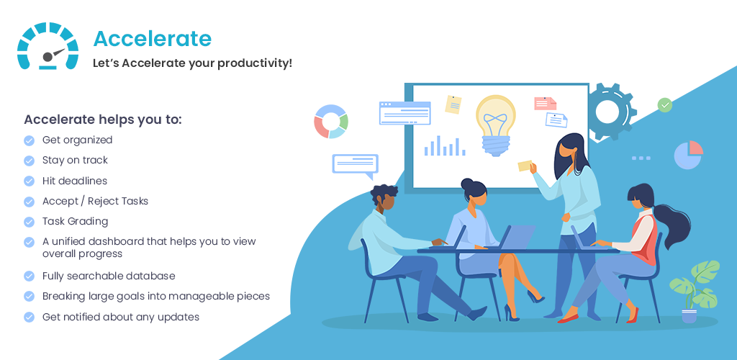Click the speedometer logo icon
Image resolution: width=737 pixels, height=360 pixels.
[48, 45]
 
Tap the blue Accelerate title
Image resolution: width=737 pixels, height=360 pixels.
[153, 39]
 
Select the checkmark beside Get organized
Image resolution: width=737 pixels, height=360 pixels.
[29, 140]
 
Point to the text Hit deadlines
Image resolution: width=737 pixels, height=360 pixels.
[75, 181]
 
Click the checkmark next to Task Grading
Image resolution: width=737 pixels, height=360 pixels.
[29, 221]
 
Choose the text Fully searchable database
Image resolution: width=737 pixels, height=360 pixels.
[109, 276]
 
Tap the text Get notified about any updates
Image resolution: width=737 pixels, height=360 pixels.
[121, 318]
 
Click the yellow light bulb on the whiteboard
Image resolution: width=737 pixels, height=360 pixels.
[495, 125]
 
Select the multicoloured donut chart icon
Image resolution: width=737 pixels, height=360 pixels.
[331, 121]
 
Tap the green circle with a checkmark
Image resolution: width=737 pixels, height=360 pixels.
[664, 105]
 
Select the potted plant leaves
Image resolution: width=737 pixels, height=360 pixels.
[695, 284]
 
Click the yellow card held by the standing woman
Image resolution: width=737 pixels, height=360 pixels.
[525, 166]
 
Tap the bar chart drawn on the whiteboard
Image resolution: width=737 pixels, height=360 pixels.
[445, 145]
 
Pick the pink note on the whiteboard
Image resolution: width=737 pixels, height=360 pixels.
[546, 104]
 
